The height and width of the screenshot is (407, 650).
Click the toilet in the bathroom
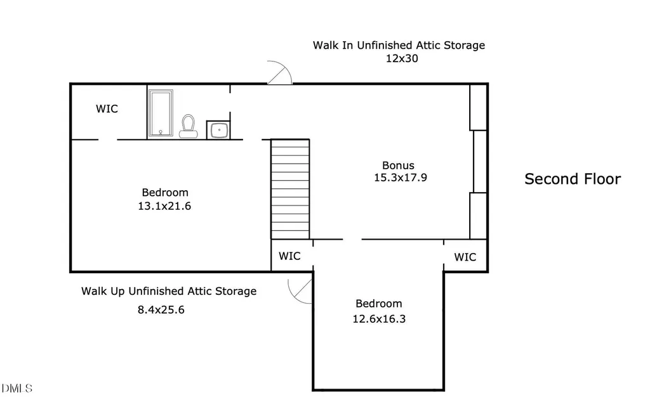click(188, 126)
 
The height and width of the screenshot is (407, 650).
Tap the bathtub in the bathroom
click(161, 113)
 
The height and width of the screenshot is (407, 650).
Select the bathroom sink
click(218, 130)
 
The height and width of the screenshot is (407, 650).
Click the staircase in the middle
click(290, 189)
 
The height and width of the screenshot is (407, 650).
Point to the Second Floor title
click(573, 179)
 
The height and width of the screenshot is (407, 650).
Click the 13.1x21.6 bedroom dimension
click(164, 206)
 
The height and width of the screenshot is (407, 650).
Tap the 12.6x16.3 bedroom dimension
click(379, 319)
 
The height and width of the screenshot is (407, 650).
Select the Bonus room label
click(398, 165)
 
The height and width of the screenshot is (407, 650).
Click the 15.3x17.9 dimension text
click(401, 178)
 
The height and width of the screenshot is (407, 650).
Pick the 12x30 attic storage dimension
click(402, 58)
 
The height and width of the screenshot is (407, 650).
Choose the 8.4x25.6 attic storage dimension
click(161, 310)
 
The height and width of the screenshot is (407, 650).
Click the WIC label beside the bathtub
click(107, 109)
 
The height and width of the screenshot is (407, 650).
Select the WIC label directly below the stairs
click(289, 256)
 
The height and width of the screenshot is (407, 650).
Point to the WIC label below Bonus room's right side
click(465, 257)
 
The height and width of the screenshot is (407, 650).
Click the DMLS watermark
click(17, 389)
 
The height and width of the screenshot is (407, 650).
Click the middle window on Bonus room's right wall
click(480, 162)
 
